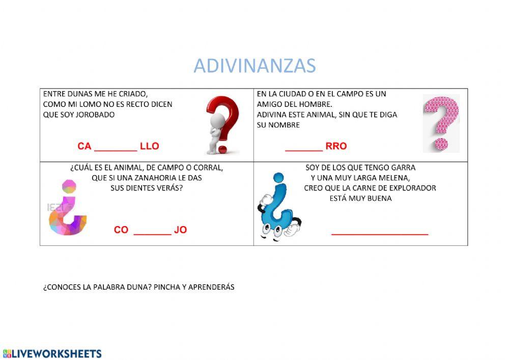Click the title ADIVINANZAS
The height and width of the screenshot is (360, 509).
point(254,66)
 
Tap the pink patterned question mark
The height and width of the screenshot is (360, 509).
point(441,123)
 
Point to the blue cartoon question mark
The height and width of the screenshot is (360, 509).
point(278,208)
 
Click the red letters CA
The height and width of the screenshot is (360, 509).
point(84,146)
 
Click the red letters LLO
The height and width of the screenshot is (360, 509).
point(150,146)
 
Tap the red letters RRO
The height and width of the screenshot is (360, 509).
point(336,146)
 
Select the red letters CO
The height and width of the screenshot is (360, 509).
point(121,230)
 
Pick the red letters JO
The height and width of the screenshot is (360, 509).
point(180,230)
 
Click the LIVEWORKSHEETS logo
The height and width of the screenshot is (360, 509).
point(52,353)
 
